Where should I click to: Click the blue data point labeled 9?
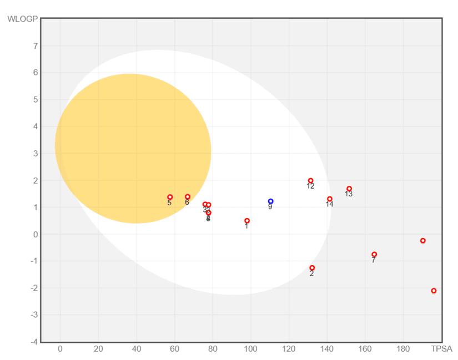pos(270,201)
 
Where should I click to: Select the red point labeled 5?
pos(170,197)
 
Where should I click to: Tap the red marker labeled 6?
pos(188,197)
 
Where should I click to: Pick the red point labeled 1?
pos(247,221)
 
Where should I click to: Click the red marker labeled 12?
pos(310,181)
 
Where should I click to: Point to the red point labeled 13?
pos(349,189)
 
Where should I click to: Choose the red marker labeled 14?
pos(330,199)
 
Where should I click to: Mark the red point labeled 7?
pos(374,255)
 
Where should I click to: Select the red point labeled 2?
pos(312,268)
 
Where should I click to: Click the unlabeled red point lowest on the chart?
pos(434,291)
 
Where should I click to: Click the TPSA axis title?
pos(442,349)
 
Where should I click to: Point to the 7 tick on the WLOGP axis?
pos(35,46)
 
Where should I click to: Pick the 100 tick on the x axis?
pos(250,349)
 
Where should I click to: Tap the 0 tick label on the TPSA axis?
pos(60,349)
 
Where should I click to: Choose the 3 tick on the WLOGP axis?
pos(35,154)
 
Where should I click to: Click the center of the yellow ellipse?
pos(133,149)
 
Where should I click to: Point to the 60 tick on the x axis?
pos(174,349)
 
